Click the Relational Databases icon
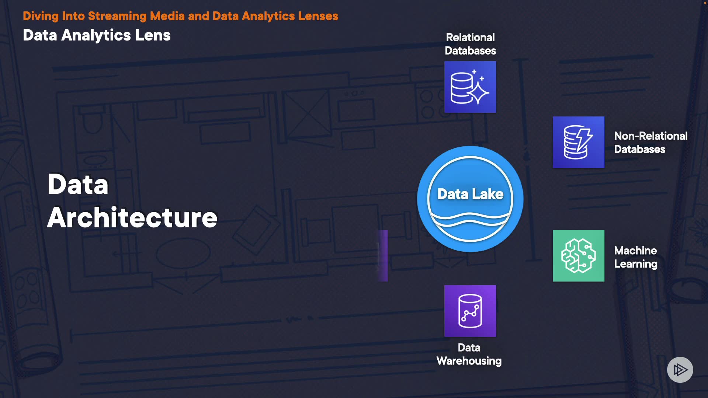tap(470, 87)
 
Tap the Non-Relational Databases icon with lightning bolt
tap(578, 142)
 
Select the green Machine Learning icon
tap(578, 256)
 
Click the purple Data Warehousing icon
tap(470, 311)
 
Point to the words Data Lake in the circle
tap(470, 194)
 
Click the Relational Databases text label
tap(470, 44)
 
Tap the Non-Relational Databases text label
tap(650, 143)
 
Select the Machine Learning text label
tap(635, 257)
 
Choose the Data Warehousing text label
tap(469, 354)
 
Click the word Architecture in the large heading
tap(132, 217)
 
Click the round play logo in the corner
tap(680, 370)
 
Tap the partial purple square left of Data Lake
tap(383, 256)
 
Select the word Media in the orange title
tap(167, 16)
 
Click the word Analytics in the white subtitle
tap(96, 35)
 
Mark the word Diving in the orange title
tap(41, 16)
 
